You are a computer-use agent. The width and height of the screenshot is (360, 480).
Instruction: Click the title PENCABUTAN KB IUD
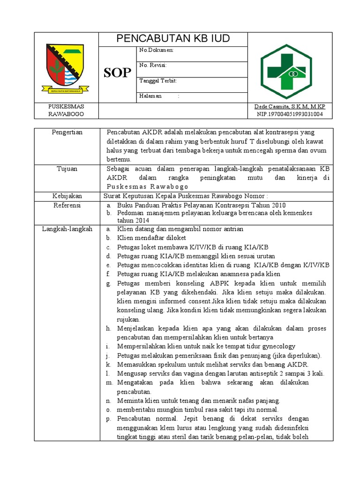pos(173,39)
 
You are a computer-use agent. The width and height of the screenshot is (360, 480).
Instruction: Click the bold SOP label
pos(117,73)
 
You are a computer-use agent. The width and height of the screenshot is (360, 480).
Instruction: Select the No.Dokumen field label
pos(157,50)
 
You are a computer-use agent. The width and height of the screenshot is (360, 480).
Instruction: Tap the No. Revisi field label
pos(153,65)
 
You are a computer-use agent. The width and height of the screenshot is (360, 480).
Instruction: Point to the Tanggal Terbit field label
pos(158,81)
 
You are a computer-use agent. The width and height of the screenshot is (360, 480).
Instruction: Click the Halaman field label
pos(150,96)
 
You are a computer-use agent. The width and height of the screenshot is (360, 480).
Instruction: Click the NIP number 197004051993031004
pos(290,114)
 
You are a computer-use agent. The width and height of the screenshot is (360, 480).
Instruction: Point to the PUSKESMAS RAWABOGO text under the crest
pos(66,110)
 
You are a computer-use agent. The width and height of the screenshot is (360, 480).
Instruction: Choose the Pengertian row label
pos(67,132)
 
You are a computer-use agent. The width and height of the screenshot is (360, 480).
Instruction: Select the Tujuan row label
pos(67,168)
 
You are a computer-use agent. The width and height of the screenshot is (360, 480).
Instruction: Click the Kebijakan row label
pos(67,195)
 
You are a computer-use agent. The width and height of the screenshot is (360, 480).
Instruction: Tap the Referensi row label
pos(67,205)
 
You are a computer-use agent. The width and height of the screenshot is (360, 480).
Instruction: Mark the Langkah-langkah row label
pos(67,229)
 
